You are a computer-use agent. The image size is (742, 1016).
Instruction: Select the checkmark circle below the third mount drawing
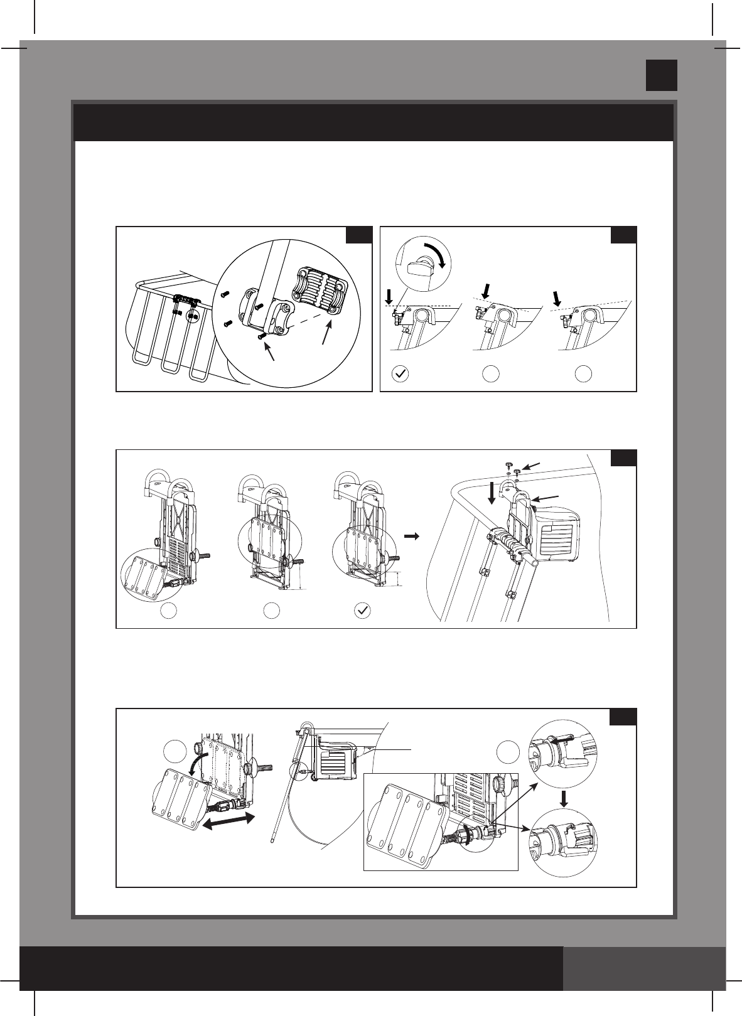pos(362,612)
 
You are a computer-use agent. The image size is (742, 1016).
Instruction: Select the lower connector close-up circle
pos(562,840)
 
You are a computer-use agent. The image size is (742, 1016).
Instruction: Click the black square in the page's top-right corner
pos(662,75)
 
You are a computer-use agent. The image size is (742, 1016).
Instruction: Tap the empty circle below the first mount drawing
pos(168,611)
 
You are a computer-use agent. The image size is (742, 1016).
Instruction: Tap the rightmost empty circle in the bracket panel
pos(583,374)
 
